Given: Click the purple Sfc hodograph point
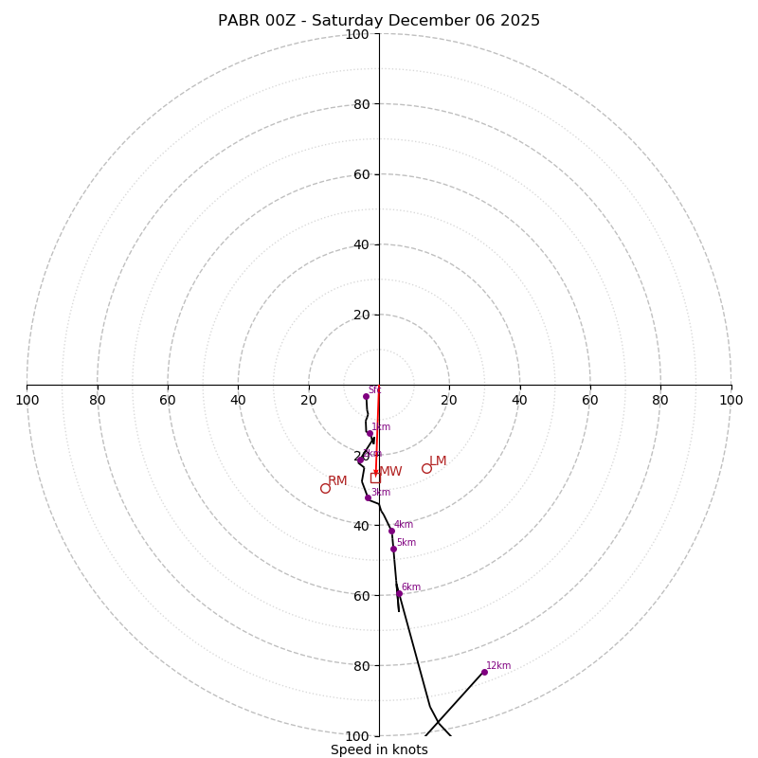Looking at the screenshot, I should pos(366,396).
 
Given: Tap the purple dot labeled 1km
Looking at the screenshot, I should pos(370,434).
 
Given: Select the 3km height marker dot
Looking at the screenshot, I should pos(368,497).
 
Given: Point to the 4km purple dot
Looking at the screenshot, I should pos(391,531).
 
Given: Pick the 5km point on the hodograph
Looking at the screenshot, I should pos(393,549).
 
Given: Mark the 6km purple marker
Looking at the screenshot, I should pos(399,593).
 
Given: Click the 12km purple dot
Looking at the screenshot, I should pos(484,672).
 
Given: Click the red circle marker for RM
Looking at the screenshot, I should pos(325,488).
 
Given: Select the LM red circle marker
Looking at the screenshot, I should pos(426,468).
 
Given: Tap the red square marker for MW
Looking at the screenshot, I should pos(375,478).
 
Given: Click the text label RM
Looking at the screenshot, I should pos(337,481).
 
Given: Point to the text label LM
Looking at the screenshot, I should pos(438,461).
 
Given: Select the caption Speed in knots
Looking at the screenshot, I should pos(379,750).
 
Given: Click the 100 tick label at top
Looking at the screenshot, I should pos(357,34).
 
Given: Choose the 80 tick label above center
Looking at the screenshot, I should pos(360,104).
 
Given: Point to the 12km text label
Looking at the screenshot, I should pos(498,666).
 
